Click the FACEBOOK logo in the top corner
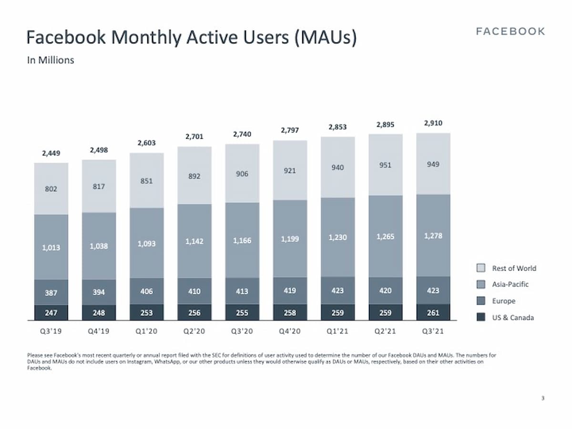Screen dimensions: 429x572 [x=510, y=31]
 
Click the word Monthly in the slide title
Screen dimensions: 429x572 [x=146, y=37]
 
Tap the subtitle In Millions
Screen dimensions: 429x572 [x=50, y=61]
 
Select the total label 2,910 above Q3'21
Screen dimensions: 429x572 [x=433, y=123]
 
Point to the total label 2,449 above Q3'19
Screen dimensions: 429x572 [x=51, y=153]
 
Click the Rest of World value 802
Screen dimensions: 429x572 [x=51, y=189]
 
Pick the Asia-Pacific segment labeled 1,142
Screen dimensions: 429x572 [x=194, y=241]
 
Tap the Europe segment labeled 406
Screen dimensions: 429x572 [x=146, y=291]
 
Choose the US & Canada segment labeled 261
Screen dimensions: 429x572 [x=433, y=313]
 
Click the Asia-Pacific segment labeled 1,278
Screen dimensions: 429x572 [x=433, y=236]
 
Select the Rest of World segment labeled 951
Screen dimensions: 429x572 [x=385, y=164]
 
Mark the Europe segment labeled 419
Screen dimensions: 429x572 [x=290, y=290]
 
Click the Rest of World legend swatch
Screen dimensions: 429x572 [x=481, y=268]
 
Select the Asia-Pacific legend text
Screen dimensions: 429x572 [x=510, y=285]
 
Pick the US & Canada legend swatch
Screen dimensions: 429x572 [x=481, y=317]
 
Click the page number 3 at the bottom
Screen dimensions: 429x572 [x=543, y=398]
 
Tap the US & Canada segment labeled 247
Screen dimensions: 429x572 [x=51, y=313]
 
